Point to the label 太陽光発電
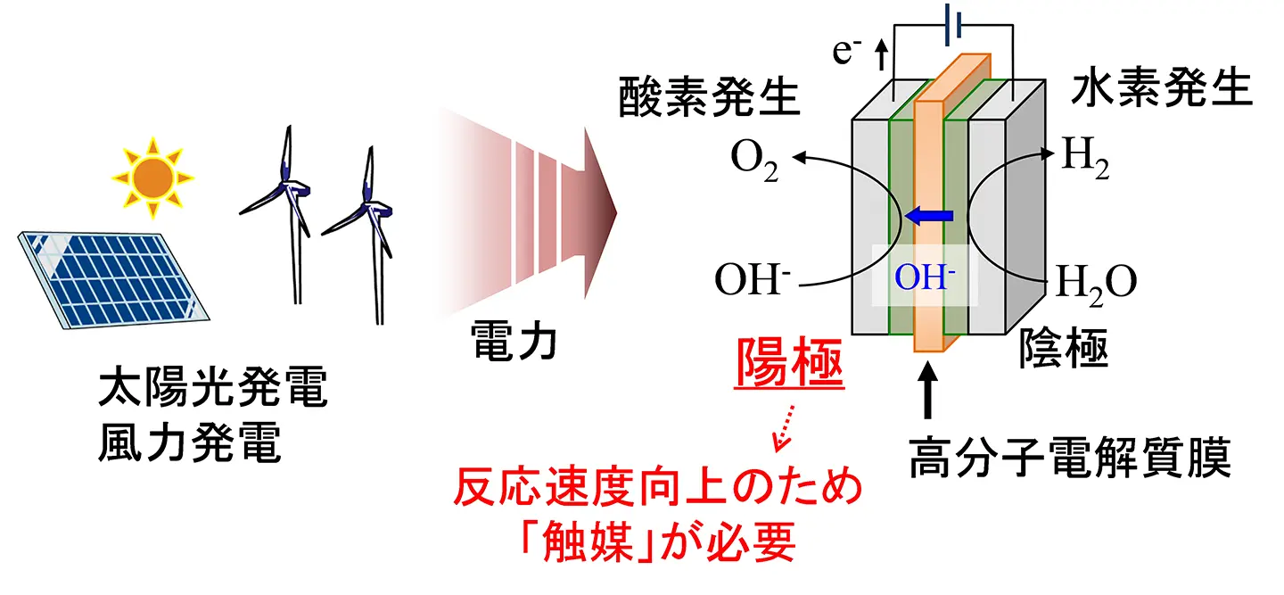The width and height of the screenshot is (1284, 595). point(213,393)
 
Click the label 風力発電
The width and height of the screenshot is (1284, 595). point(189,442)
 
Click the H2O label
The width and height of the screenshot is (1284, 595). point(1096,283)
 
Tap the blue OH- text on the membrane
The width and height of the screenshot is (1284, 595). point(926,278)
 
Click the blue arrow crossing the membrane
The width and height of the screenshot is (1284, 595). point(930,215)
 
